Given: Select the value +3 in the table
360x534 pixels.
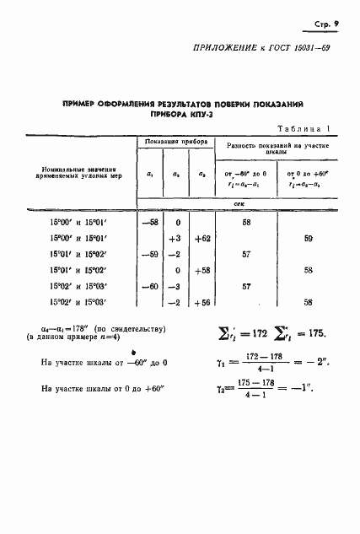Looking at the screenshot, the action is (175, 239).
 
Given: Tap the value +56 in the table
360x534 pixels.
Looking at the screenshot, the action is (201, 303).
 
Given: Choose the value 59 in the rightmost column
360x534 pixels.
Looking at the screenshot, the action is (308, 239).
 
